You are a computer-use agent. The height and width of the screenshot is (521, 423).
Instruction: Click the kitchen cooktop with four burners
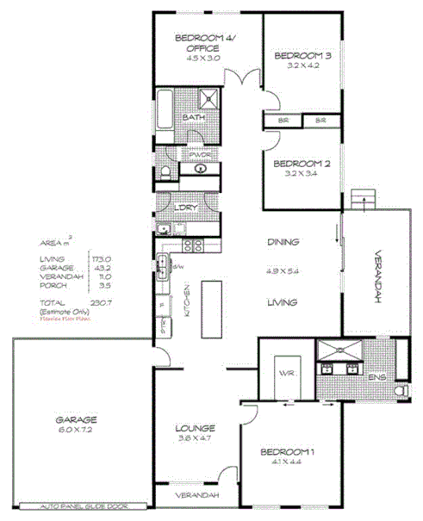tap(194, 245)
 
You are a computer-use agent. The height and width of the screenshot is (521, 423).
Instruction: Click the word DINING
tap(282, 242)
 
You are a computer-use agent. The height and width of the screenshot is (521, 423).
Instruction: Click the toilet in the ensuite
tap(399, 392)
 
